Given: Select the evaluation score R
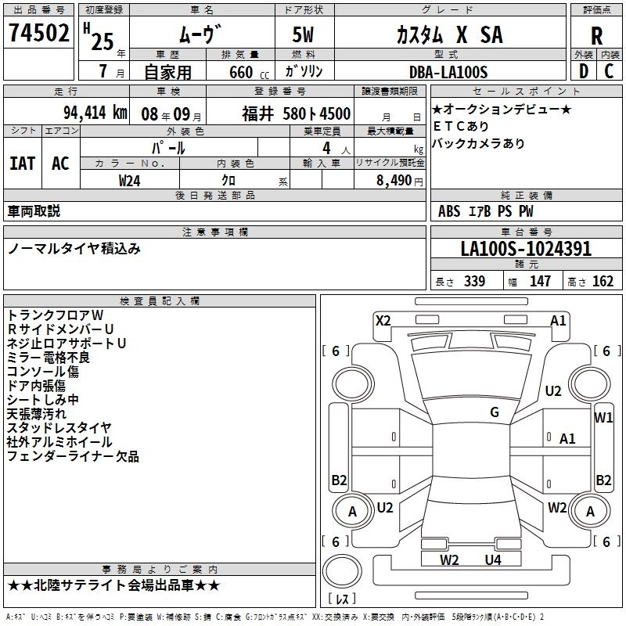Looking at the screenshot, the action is pos(596,35).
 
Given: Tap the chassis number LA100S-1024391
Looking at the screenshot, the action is pos(526,250).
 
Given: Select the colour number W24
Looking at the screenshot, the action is pos(130,180).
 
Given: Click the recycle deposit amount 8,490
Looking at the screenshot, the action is pos(395,180).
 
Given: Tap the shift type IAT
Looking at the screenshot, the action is pos(22,163).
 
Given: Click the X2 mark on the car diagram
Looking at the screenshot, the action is pos(383,320).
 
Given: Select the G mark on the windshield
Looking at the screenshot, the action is pos(494,412).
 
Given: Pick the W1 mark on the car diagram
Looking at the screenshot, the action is pos(603,417).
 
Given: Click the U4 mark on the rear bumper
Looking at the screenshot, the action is pos(493,559).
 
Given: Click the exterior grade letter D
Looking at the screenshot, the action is pos(583,72).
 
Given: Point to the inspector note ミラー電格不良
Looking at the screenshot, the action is pos(49,358).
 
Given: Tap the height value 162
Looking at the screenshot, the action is pos(603,282).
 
